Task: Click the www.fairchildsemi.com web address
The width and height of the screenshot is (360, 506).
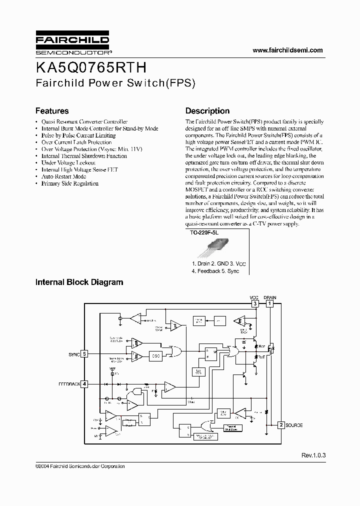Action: [x=287, y=50]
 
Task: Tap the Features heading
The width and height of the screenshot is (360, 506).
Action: [x=51, y=111]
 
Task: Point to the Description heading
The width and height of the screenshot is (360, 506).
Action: [x=207, y=111]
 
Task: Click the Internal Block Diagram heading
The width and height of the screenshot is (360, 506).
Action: [x=79, y=282]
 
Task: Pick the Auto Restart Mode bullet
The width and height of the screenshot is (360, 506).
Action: [x=63, y=176]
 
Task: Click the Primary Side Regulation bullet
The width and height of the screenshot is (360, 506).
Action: [x=69, y=183]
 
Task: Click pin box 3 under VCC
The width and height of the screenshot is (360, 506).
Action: [x=255, y=303]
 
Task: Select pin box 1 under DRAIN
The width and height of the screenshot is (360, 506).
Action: [x=270, y=303]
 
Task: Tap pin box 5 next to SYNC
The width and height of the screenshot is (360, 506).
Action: [x=84, y=354]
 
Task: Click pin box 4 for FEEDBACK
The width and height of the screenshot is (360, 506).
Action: [x=84, y=384]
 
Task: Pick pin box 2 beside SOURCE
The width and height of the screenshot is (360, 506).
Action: [x=281, y=425]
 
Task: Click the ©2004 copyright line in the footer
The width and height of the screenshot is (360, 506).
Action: [x=80, y=466]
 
